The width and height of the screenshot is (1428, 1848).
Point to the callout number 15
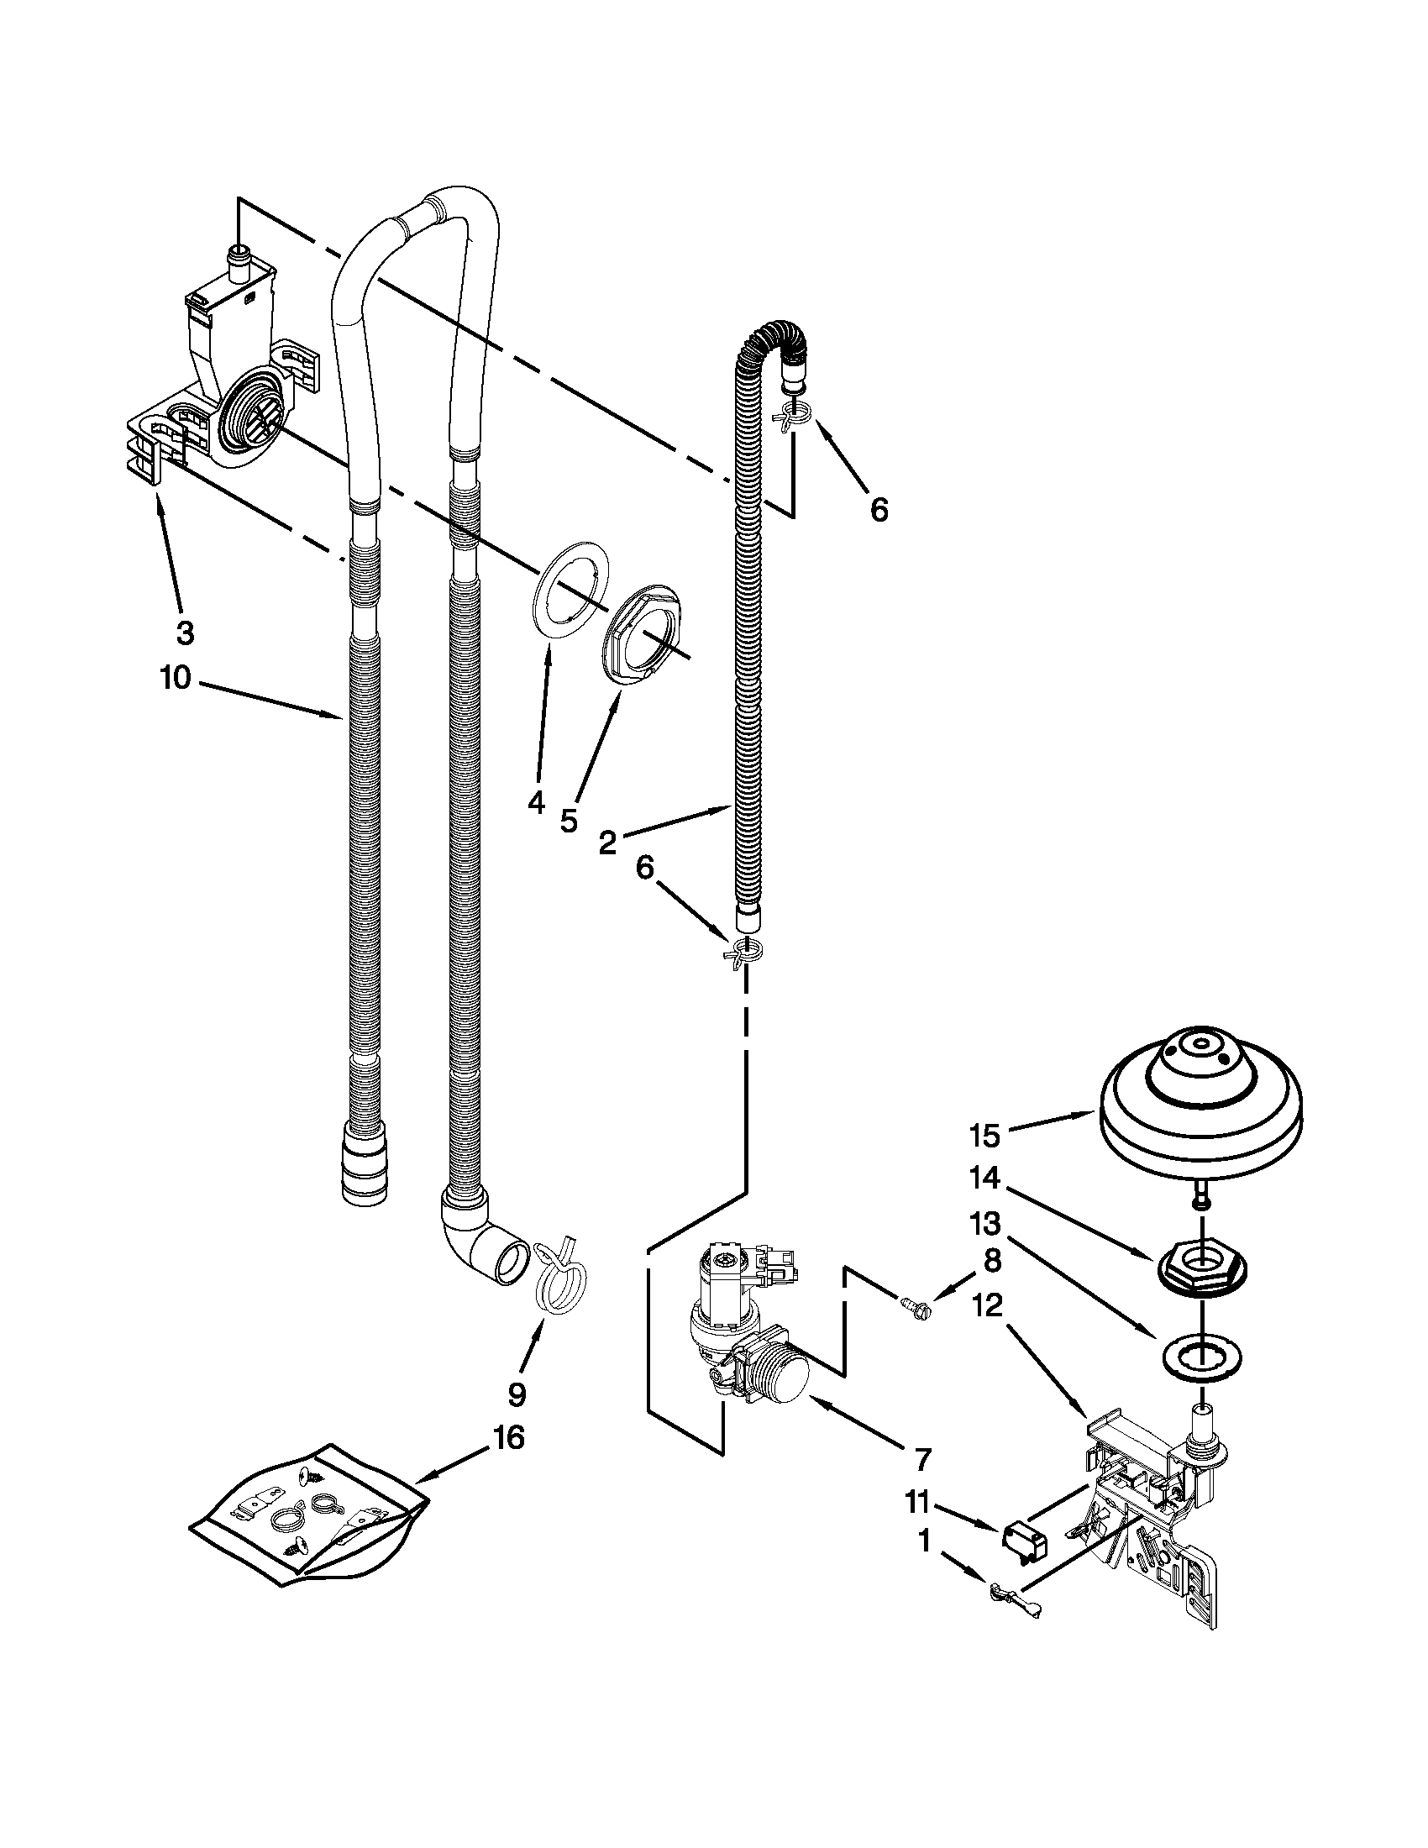coord(984,1137)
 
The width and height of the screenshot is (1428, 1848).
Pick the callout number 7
coord(922,1459)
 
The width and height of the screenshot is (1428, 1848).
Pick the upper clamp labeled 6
coord(793,414)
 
